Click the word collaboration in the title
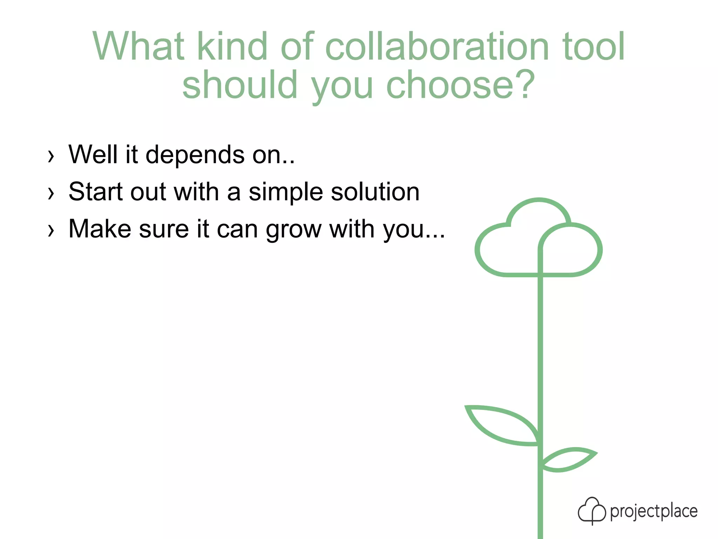[437, 47]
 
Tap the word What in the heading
[138, 47]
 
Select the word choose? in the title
[460, 85]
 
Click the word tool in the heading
[593, 47]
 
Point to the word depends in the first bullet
[195, 155]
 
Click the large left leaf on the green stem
[503, 426]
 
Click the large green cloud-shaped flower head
[538, 239]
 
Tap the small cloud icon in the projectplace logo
[591, 511]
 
